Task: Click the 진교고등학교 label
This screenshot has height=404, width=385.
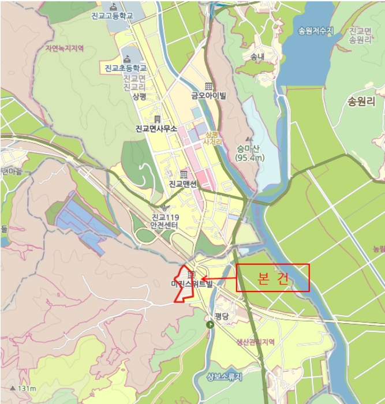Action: [112, 16]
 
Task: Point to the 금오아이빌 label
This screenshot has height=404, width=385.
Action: [209, 96]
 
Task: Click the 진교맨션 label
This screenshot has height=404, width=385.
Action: [183, 184]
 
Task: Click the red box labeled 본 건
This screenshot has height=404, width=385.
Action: [273, 278]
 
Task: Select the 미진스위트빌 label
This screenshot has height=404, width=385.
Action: [192, 284]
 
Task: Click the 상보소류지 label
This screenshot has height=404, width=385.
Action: [225, 377]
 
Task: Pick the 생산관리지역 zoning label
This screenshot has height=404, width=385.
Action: [255, 342]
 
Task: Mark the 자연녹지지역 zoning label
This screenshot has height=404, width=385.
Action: [64, 48]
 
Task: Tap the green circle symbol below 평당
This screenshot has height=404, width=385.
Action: [210, 325]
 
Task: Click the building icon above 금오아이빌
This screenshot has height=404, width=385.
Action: [208, 86]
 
